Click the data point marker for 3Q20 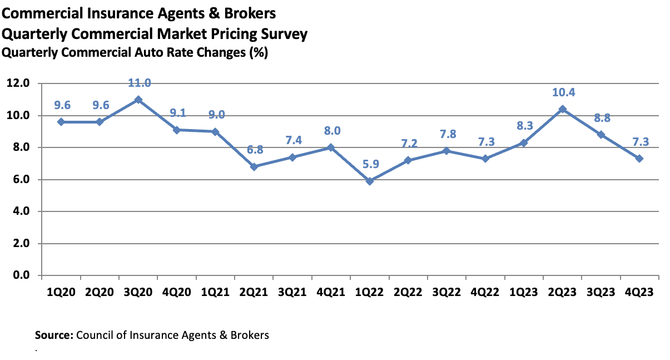[x=138, y=100]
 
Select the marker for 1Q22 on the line [x=370, y=181]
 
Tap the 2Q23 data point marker [x=563, y=109]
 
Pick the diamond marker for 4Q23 [x=639, y=159]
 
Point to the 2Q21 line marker [x=254, y=166]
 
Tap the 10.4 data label [x=563, y=92]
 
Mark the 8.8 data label [x=601, y=118]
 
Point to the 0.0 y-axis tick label [x=21, y=275]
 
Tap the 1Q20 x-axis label [x=61, y=292]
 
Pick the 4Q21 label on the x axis [x=331, y=292]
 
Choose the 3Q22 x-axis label [x=447, y=292]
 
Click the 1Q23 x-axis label [x=524, y=292]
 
